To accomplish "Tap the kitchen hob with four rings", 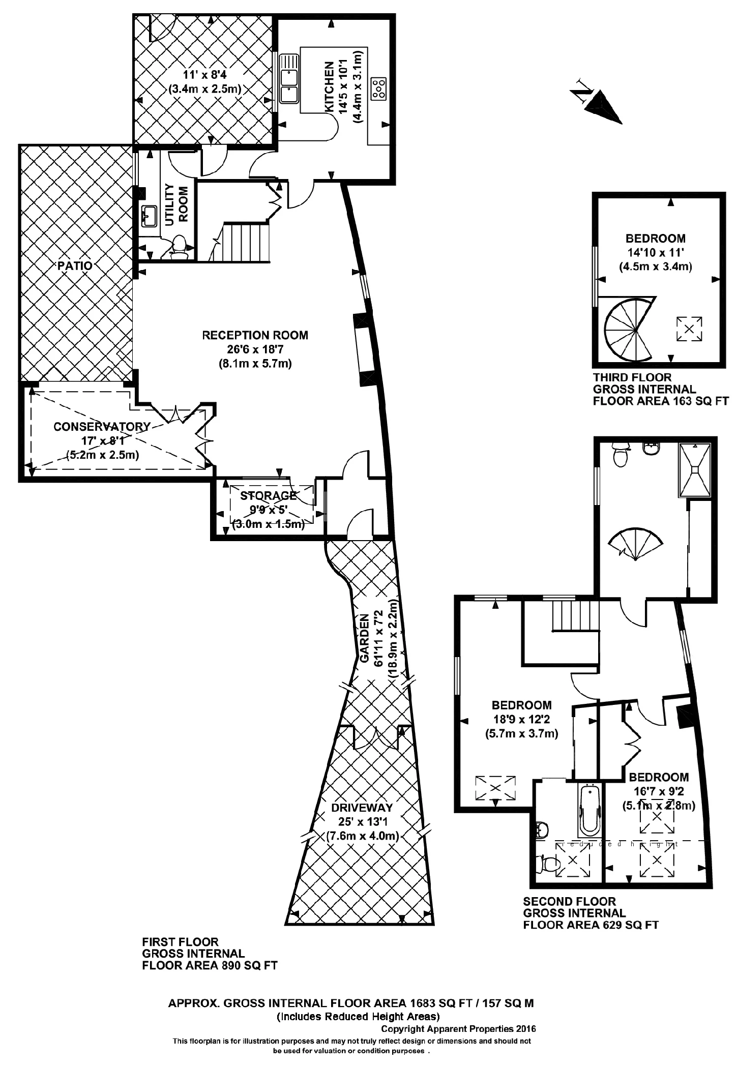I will [x=379, y=88].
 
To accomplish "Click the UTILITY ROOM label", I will [x=176, y=204].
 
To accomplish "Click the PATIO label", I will [x=75, y=266].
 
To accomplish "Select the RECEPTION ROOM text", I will [x=255, y=335].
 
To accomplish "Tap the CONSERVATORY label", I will [x=102, y=426].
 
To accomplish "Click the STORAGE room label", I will [x=268, y=495].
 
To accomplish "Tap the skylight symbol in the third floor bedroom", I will [x=689, y=329].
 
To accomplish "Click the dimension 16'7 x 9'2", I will [x=658, y=791].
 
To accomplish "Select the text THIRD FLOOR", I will [x=632, y=377].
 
